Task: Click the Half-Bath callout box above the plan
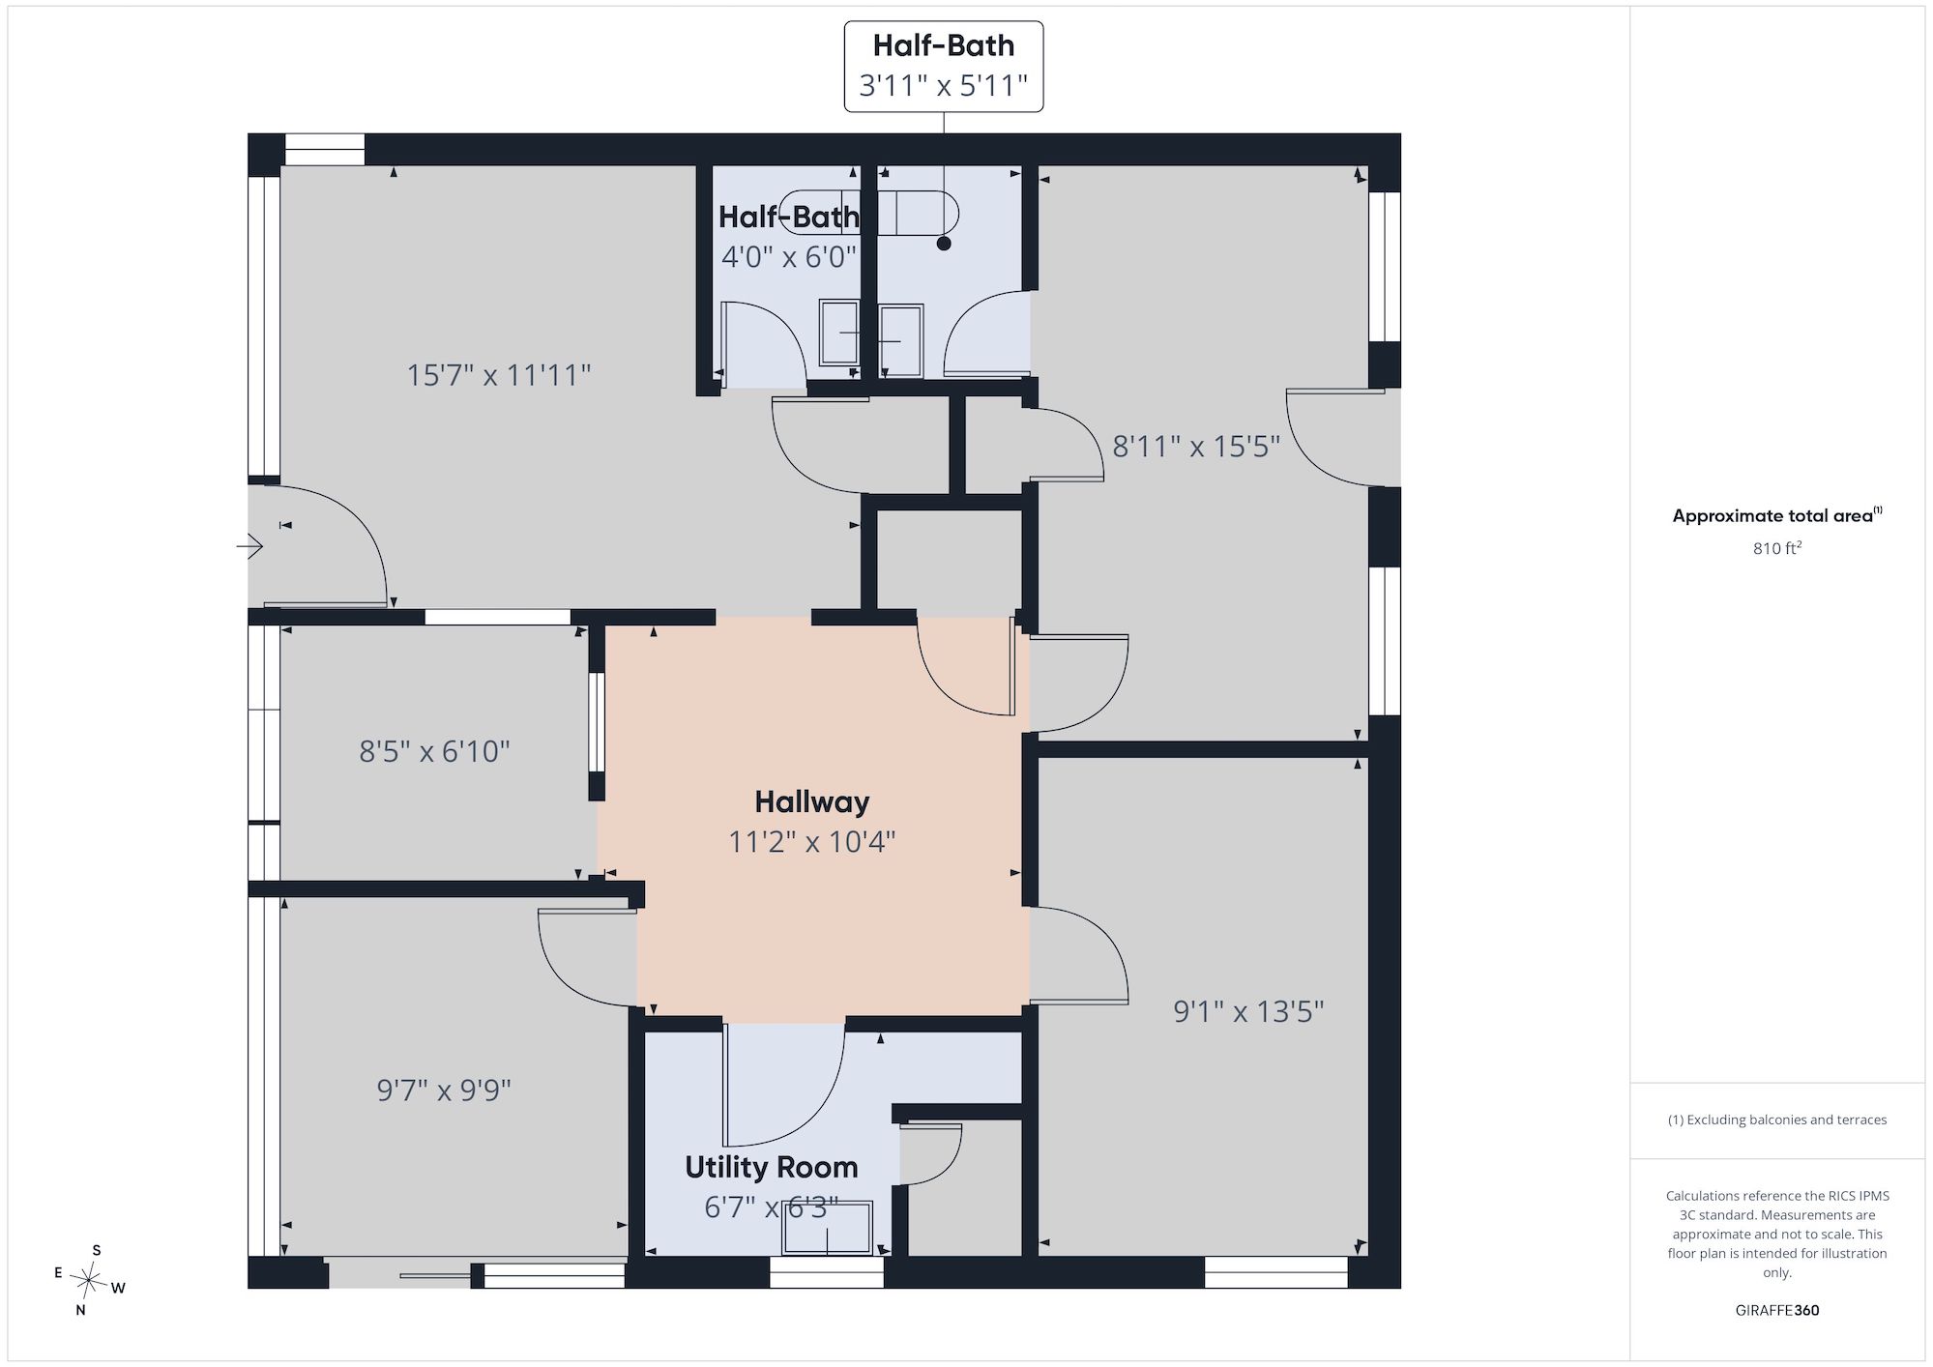[x=943, y=66]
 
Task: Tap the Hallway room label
[x=811, y=801]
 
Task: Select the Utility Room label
[x=771, y=1167]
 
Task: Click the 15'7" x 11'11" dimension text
[x=498, y=374]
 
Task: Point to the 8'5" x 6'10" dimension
[x=434, y=751]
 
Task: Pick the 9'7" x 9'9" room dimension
[x=444, y=1091]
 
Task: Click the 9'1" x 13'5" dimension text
[x=1248, y=1011]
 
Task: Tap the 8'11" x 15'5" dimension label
[x=1196, y=446]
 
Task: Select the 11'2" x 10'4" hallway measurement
[x=811, y=842]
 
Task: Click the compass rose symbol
[x=89, y=1282]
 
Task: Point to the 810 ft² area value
[x=1777, y=548]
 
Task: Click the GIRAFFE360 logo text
[x=1777, y=1311]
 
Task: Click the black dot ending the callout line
[x=944, y=244]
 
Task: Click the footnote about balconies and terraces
[x=1777, y=1120]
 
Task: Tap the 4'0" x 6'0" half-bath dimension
[x=789, y=257]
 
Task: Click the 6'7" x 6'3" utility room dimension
[x=771, y=1207]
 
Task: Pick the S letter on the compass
[x=97, y=1250]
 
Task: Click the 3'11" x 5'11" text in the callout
[x=943, y=86]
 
